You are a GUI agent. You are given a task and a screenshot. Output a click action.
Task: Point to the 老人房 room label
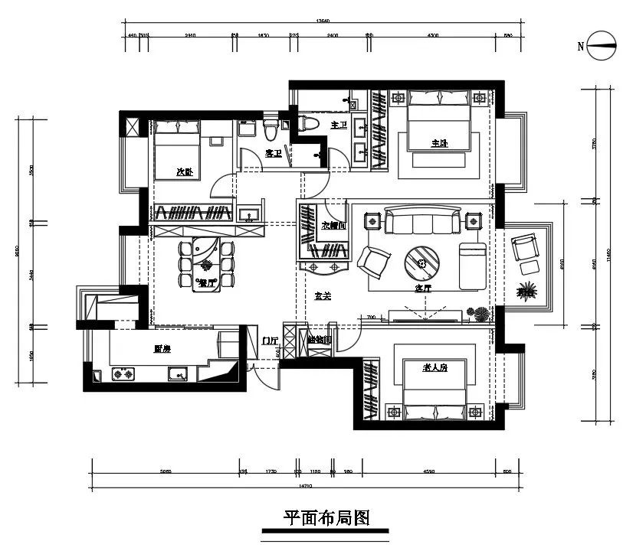[x=434, y=368]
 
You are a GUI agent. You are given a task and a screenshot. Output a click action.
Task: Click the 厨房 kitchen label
[x=162, y=349]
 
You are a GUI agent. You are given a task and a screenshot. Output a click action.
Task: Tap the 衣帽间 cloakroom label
[x=334, y=227]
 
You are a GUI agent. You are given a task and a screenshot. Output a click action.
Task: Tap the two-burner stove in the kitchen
[x=123, y=375]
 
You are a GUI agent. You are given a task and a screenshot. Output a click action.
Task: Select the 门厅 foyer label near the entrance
[x=269, y=341]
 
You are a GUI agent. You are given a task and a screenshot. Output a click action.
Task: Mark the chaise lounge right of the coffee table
[x=472, y=266]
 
